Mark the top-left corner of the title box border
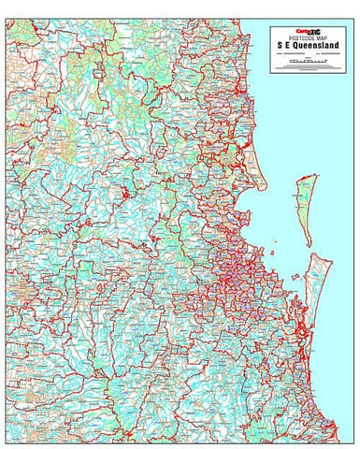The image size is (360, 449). pos(269,25)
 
